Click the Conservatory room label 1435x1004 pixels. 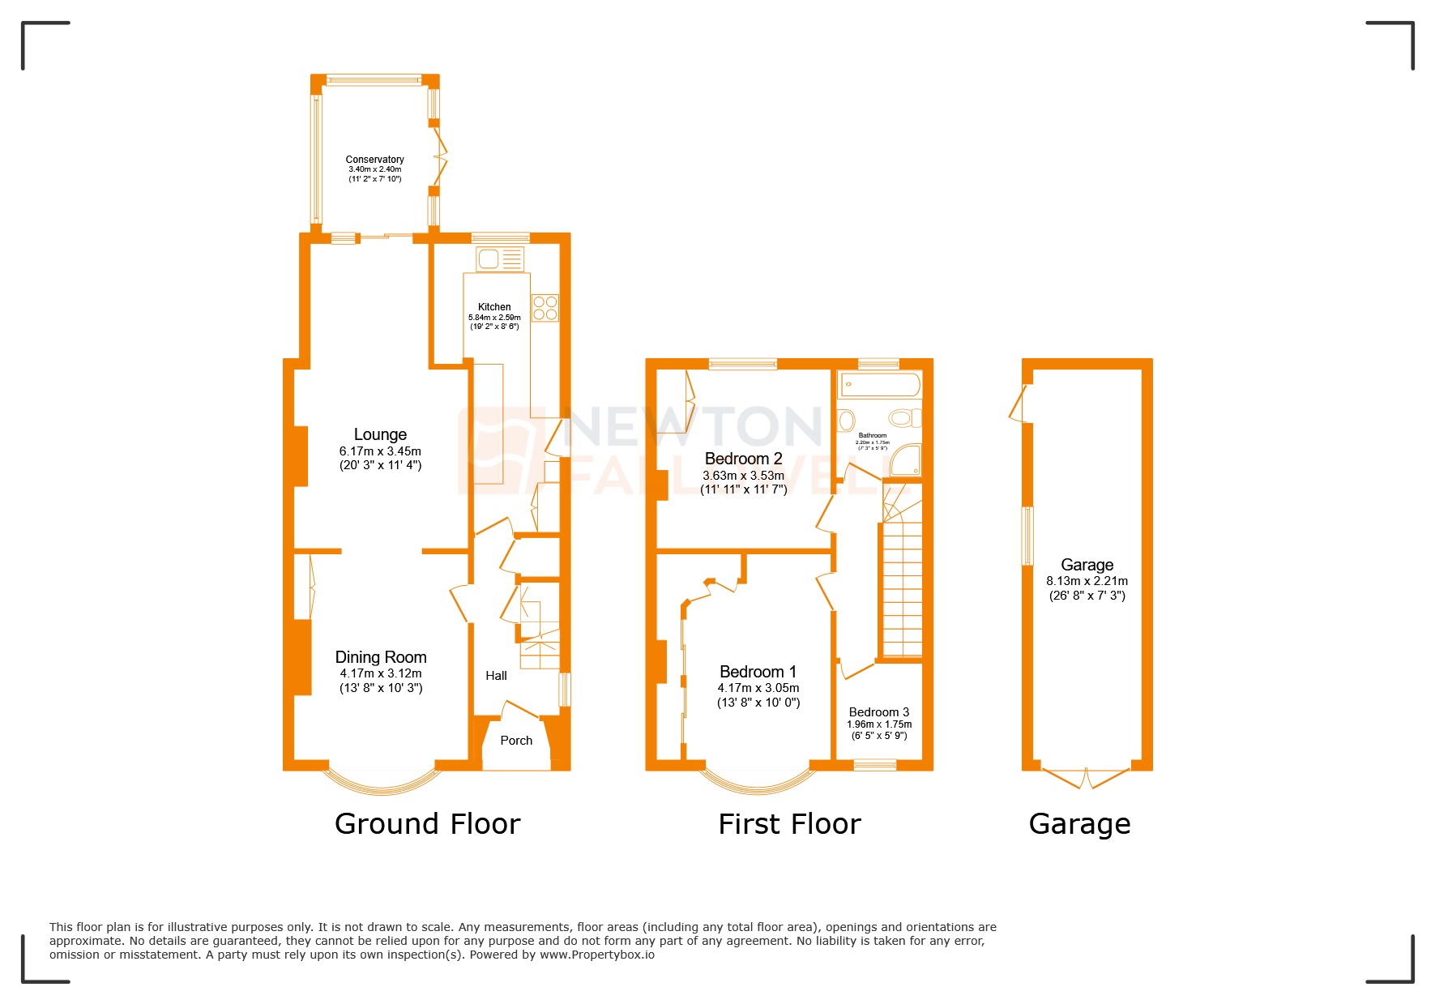coord(374,160)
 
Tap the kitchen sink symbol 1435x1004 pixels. coord(499,259)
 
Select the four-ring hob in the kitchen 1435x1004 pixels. coord(545,308)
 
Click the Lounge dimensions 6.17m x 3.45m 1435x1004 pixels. coord(380,451)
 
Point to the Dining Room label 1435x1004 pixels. coord(381,657)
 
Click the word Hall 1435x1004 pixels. coord(496,676)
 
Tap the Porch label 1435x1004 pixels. coord(516,741)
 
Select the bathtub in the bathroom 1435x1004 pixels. coord(879,384)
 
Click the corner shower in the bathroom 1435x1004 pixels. coord(906,460)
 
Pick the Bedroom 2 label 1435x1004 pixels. coord(743,459)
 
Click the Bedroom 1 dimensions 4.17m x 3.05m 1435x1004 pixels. coord(758,688)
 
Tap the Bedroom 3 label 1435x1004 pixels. coord(878,712)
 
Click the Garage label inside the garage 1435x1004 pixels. coord(1087,565)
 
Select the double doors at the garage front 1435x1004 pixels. coord(1085,778)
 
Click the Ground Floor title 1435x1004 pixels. coord(427,824)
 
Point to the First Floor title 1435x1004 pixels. coord(789,824)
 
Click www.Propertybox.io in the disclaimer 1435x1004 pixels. coord(596,955)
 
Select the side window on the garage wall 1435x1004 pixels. coord(1027,535)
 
